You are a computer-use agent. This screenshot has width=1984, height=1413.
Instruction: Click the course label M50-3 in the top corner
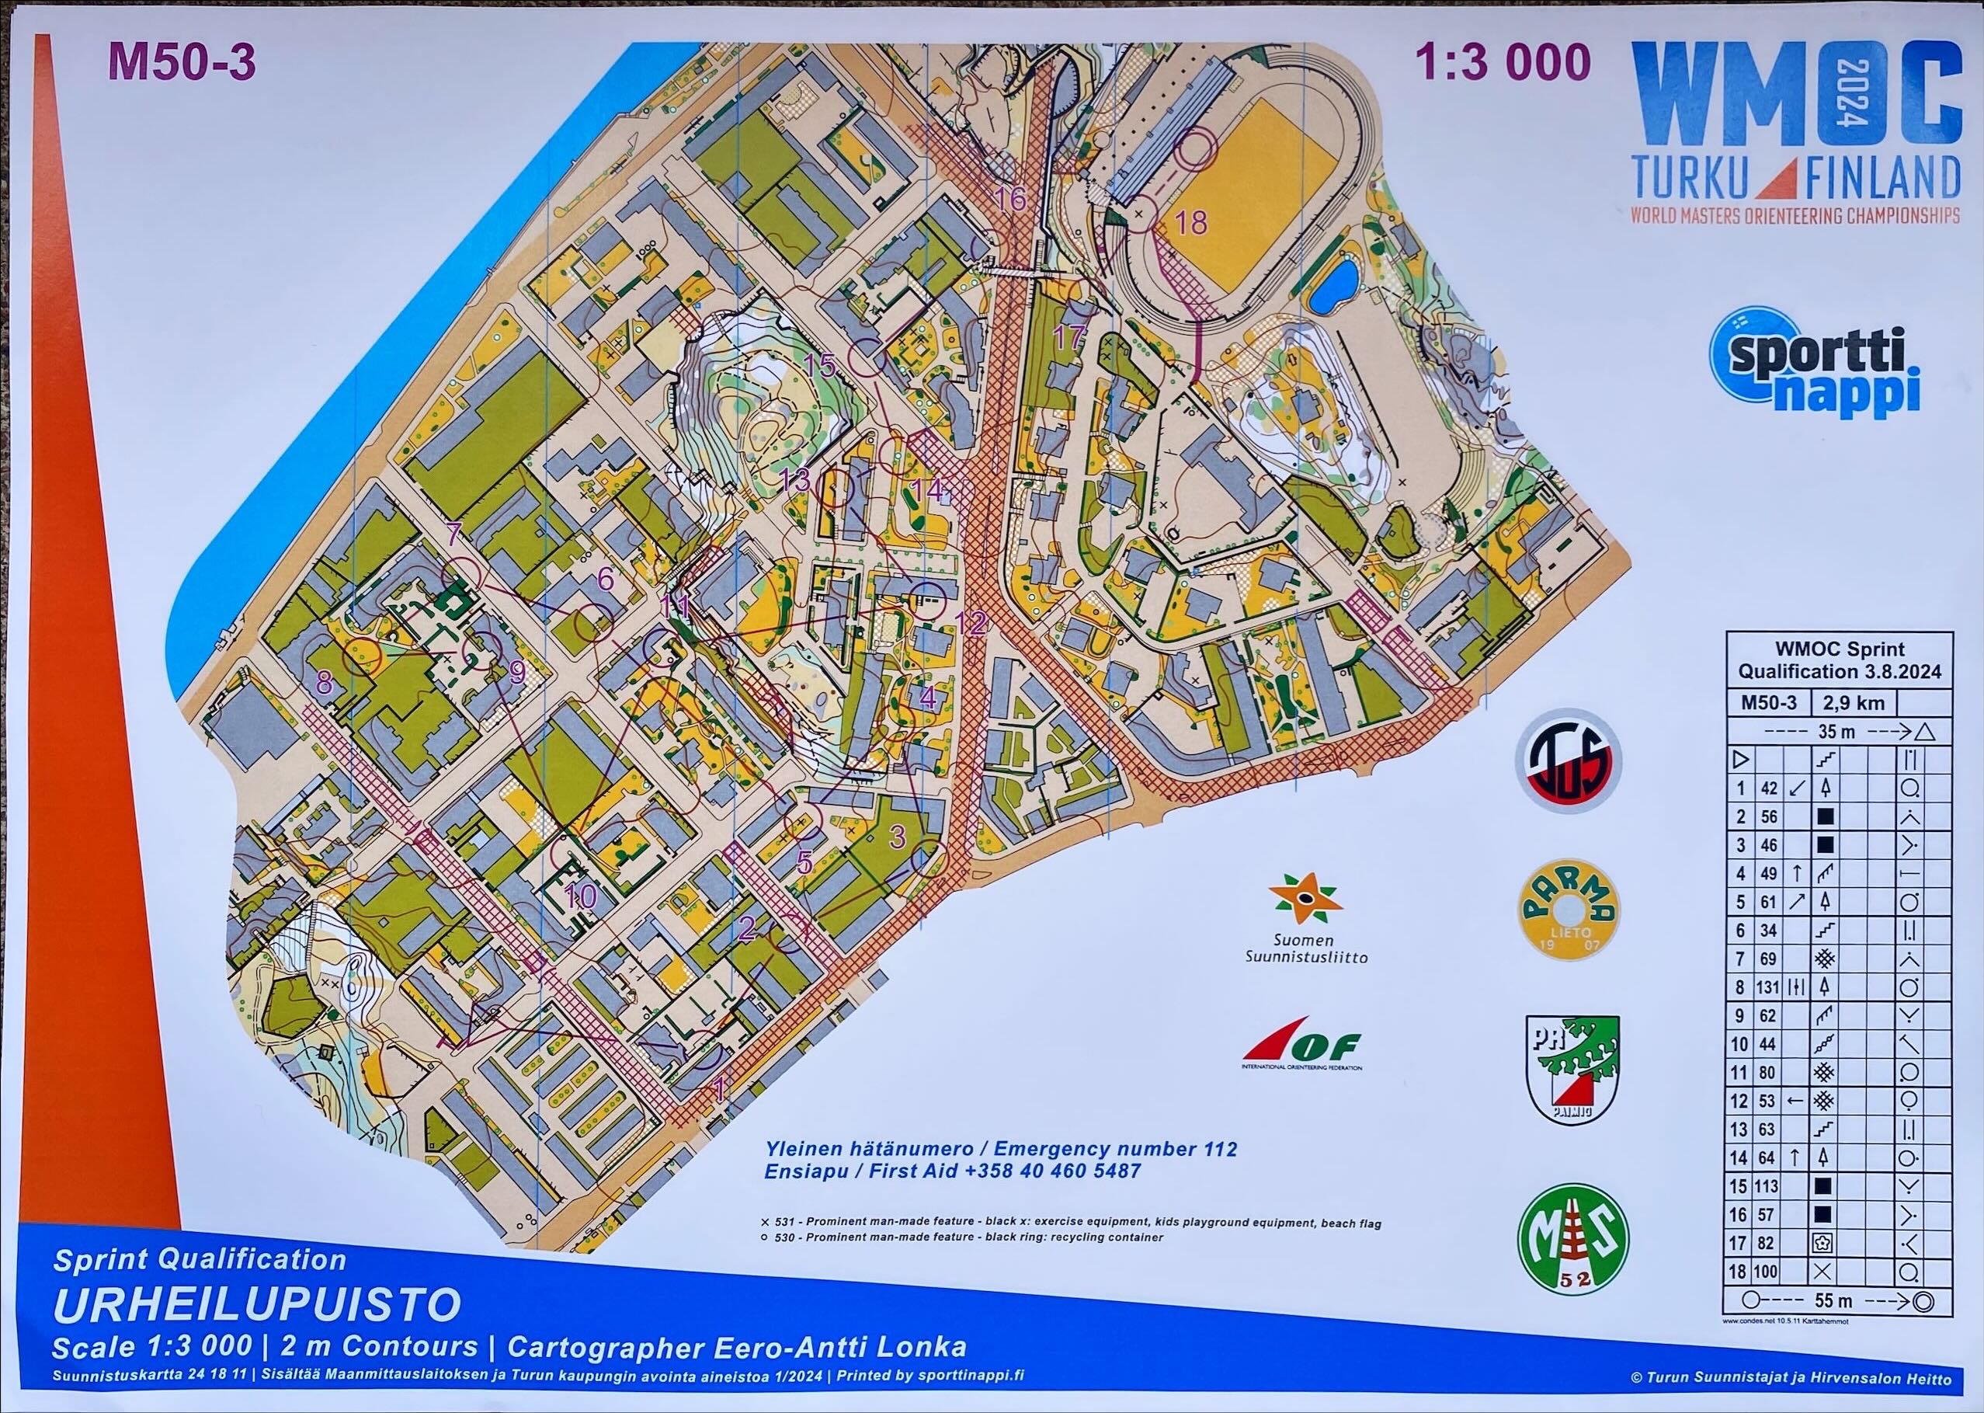coord(182,64)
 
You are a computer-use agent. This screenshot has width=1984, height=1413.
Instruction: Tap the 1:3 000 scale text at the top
coord(1503,63)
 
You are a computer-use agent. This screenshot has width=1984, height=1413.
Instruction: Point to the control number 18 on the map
coord(1190,222)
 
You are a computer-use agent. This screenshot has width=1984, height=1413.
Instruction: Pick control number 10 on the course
coord(580,896)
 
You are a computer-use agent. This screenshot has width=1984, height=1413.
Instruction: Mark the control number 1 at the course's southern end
coord(718,1087)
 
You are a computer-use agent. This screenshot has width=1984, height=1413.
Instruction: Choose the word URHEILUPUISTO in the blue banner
coord(256,1304)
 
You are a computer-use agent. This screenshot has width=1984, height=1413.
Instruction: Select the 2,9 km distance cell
coord(1852,702)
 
